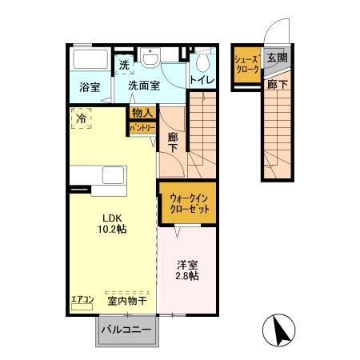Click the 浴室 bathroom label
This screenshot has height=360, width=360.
pos(90,86)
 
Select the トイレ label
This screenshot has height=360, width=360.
pos(202,80)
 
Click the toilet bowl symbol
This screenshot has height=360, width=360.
pos(203,62)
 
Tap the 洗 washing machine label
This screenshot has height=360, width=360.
pos(124,65)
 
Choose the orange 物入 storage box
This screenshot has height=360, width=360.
pos(142,113)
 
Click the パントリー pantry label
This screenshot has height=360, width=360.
pos(142,126)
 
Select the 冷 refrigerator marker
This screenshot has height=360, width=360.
pos(81,118)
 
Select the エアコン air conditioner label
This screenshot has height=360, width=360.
pos(82,300)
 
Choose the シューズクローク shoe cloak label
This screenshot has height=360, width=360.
pos(245,65)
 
